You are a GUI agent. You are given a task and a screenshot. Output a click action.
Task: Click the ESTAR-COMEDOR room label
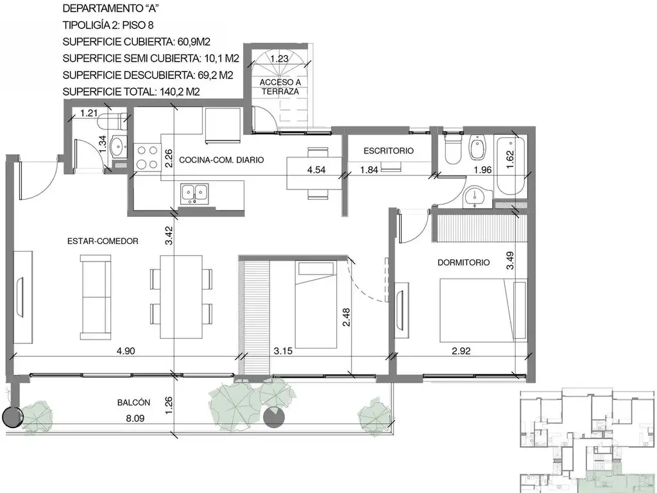point(103,241)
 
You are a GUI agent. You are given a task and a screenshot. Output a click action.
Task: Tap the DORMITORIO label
point(463,262)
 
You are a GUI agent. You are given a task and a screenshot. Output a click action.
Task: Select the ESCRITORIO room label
point(388,151)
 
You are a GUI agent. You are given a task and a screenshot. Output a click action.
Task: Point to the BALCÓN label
point(133,402)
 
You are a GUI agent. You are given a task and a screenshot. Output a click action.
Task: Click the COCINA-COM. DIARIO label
point(221,160)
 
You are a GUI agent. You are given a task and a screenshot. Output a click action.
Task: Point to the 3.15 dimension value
point(284,351)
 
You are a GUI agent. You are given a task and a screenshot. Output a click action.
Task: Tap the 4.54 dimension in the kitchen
point(318,170)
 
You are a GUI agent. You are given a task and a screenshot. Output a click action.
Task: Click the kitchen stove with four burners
point(148,157)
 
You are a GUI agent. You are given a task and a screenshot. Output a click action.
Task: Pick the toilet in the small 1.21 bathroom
point(116,120)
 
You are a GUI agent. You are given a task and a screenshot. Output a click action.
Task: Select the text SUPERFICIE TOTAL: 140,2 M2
point(131,91)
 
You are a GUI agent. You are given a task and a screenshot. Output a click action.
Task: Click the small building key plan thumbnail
point(587,440)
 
